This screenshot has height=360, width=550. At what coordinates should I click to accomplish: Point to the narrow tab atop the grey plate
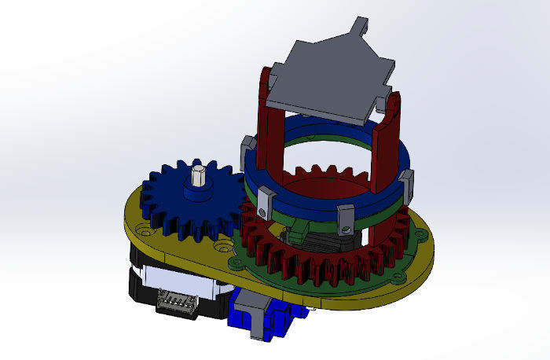click(361, 26)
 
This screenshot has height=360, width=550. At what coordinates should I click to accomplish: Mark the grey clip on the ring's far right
click(408, 184)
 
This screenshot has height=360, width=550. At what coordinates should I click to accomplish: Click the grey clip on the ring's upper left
click(247, 146)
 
